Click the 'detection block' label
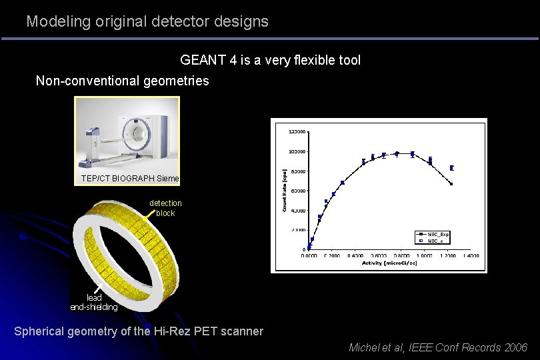point(165,208)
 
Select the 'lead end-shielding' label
point(94,302)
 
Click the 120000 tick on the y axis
point(297,131)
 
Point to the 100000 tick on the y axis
point(297,151)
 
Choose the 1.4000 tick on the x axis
point(470,255)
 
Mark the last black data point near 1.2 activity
point(451,184)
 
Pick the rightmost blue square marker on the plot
point(452,168)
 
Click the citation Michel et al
point(377,347)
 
